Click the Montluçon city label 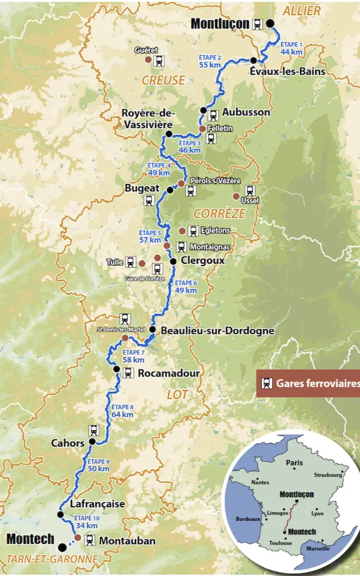coord(220,24)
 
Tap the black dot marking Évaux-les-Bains coord(254,60)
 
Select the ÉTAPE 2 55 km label coord(210,61)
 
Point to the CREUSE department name coord(163,80)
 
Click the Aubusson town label coord(246,112)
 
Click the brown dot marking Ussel coord(236,196)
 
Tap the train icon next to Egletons coord(193,231)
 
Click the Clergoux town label coord(202,260)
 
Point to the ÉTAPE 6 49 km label coord(186,287)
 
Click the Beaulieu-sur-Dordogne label coord(217,330)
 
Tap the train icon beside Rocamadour coord(128,372)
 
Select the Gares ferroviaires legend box coord(308,384)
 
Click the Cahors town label coord(67,443)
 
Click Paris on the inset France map coord(294,462)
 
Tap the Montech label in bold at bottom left coord(30,539)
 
